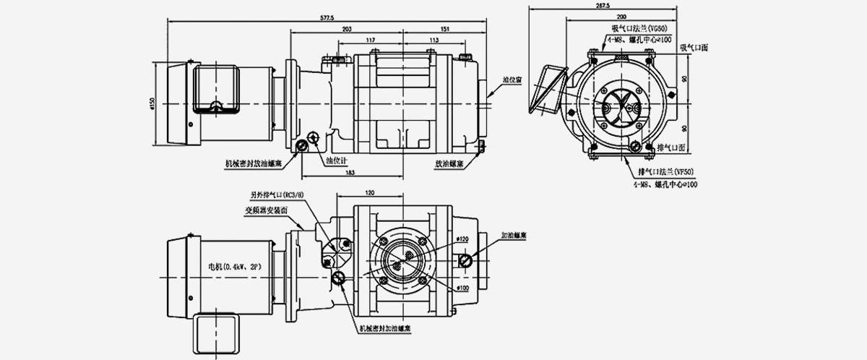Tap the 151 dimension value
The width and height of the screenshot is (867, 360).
coord(444,28)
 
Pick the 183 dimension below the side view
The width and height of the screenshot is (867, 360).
coord(350,173)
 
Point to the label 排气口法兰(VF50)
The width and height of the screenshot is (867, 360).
coord(666,172)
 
